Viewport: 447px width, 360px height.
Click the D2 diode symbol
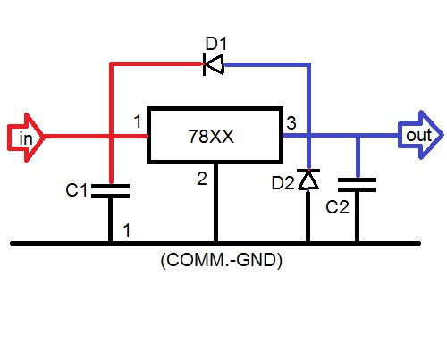tap(308, 180)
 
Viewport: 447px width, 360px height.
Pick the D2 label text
tap(283, 185)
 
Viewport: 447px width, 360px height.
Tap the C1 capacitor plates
tap(111, 189)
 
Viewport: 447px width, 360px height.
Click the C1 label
tap(78, 189)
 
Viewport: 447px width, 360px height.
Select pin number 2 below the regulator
tap(202, 179)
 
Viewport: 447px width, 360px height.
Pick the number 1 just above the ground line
tap(127, 230)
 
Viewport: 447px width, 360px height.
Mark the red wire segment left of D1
tap(152, 63)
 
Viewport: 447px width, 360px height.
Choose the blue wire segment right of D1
tap(268, 63)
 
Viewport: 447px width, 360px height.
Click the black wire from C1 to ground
tap(111, 219)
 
